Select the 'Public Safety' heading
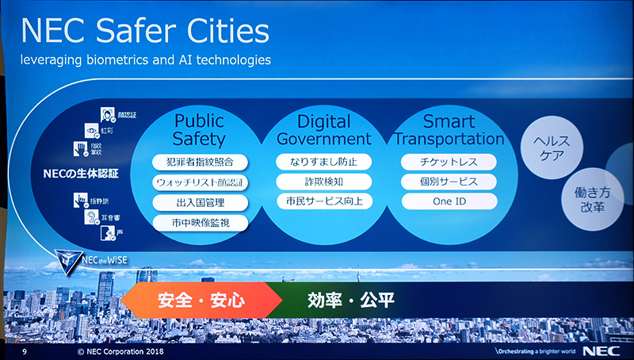[199, 130]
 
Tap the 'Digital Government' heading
[323, 130]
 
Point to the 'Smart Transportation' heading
[449, 130]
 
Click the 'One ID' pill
[449, 201]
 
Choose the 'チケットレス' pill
[449, 162]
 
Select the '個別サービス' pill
[449, 182]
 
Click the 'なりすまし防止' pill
[323, 162]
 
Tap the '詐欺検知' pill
[323, 182]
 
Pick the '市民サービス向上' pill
[323, 201]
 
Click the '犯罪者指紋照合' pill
[200, 163]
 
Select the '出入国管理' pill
[200, 202]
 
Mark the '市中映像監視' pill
[200, 222]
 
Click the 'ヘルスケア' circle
[553, 147]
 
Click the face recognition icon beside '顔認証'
[108, 116]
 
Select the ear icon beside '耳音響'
[91, 217]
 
